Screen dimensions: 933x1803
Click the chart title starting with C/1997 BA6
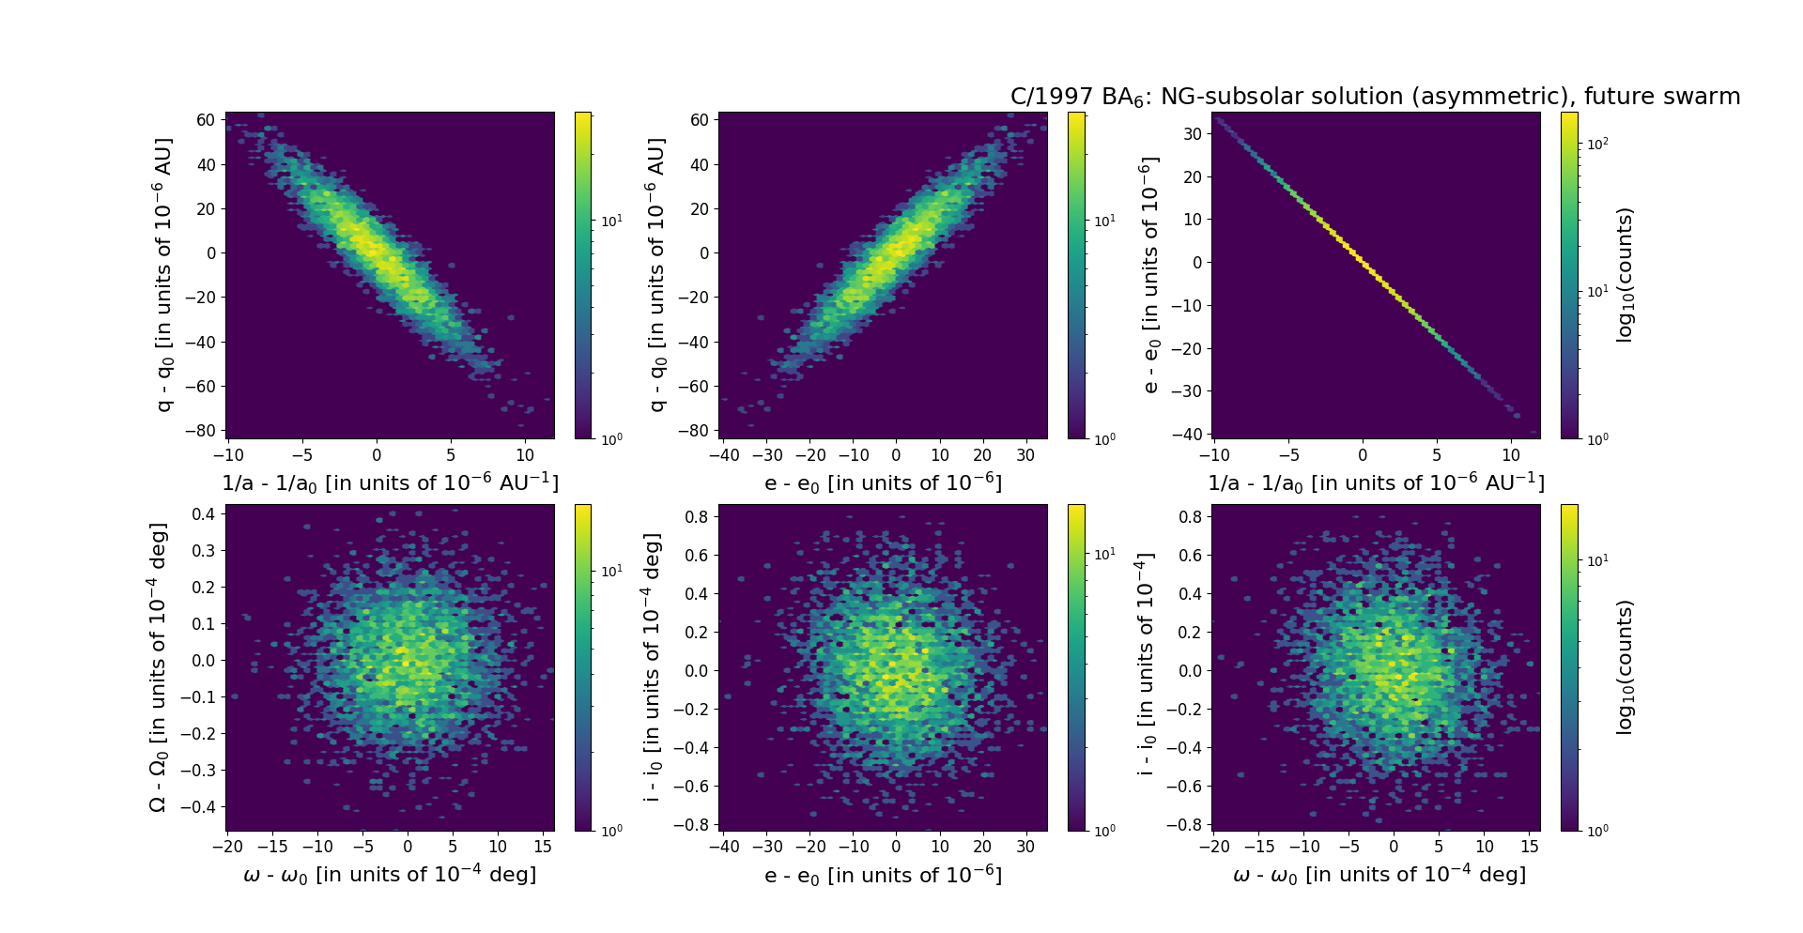(x=1375, y=97)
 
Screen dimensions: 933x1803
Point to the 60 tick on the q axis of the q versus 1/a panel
(x=206, y=120)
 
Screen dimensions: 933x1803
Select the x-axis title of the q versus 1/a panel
(x=390, y=482)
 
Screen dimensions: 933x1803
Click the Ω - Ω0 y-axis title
(x=159, y=667)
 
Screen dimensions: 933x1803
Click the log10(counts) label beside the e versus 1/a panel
(x=1626, y=275)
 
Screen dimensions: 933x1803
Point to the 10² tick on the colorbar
(x=1597, y=144)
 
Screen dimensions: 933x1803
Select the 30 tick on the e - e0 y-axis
(x=1192, y=134)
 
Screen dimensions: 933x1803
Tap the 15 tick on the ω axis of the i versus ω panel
(x=1530, y=846)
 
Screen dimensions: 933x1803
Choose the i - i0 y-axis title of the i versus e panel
(x=653, y=667)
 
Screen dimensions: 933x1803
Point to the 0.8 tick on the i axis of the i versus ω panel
(x=1190, y=516)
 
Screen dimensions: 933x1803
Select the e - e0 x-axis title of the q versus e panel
(x=883, y=482)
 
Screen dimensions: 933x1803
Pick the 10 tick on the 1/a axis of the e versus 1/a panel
(x=1511, y=455)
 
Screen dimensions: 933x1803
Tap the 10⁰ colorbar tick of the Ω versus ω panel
(x=611, y=831)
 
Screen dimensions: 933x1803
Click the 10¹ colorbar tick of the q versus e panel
(x=1104, y=221)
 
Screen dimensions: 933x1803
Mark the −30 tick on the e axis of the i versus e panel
(x=767, y=846)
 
